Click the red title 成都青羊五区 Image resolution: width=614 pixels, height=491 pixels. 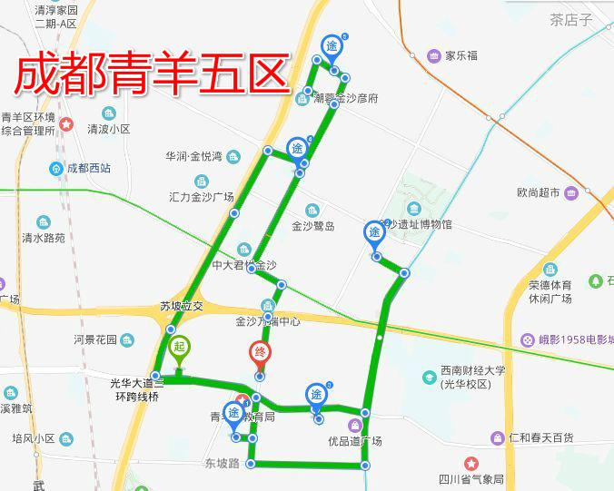[x=151, y=73]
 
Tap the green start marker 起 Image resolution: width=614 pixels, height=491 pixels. [x=179, y=347]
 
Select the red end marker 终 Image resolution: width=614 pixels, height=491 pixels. [x=260, y=352]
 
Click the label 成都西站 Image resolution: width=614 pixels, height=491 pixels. [x=89, y=168]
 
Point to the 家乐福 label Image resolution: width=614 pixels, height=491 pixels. [x=461, y=55]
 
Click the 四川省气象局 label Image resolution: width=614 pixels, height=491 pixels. [x=473, y=478]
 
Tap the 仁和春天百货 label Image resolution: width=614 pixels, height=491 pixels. [x=541, y=438]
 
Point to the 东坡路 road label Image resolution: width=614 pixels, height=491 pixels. [x=222, y=464]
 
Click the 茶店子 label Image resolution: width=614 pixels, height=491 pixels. [x=570, y=20]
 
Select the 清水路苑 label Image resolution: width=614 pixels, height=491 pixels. [x=44, y=238]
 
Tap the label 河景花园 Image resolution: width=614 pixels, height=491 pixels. [x=95, y=340]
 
